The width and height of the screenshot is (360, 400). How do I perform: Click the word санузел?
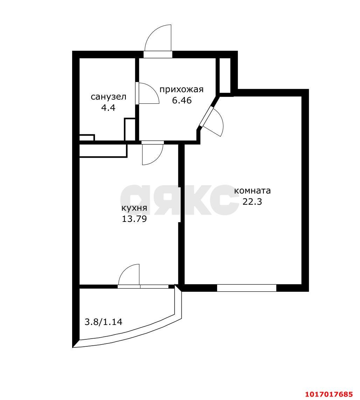(x=109, y=97)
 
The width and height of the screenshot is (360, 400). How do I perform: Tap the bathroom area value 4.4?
(x=108, y=108)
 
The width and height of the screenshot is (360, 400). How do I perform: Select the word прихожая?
(x=181, y=90)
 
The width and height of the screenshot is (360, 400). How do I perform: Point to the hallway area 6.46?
(x=182, y=101)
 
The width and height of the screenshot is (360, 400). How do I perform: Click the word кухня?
(x=134, y=208)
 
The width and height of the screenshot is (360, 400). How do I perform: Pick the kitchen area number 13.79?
(x=134, y=219)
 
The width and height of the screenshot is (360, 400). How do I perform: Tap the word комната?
(x=252, y=191)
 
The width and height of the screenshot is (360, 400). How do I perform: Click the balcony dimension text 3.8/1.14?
(x=103, y=322)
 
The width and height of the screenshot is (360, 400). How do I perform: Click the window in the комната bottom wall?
(x=247, y=288)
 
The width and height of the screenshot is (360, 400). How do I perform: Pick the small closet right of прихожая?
(x=225, y=75)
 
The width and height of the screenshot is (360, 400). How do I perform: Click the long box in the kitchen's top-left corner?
(x=103, y=150)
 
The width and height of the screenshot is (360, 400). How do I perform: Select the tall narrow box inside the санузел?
(x=130, y=129)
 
